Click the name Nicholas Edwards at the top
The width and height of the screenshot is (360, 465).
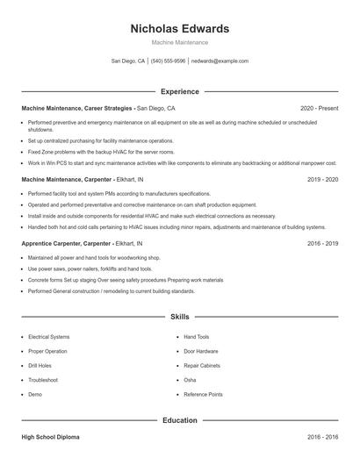pyautogui.click(x=179, y=28)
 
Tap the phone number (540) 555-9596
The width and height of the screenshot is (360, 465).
pyautogui.click(x=168, y=61)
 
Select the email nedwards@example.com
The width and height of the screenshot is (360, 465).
pyautogui.click(x=220, y=61)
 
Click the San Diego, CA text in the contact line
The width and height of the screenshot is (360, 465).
pyautogui.click(x=128, y=61)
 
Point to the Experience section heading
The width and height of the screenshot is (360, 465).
pyautogui.click(x=179, y=91)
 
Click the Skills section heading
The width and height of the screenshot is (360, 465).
pyautogui.click(x=179, y=316)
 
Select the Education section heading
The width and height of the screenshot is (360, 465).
pyautogui.click(x=179, y=420)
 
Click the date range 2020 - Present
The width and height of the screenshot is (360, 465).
pyautogui.click(x=319, y=108)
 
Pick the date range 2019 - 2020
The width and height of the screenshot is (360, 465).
pyautogui.click(x=322, y=179)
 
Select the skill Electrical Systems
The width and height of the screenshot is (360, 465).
pyautogui.click(x=48, y=337)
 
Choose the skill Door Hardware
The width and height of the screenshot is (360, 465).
pyautogui.click(x=201, y=351)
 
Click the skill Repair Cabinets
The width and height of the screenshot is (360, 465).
pyautogui.click(x=202, y=365)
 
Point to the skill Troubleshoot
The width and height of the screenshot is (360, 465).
pyautogui.click(x=43, y=380)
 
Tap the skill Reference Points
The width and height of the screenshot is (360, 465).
pyautogui.click(x=203, y=394)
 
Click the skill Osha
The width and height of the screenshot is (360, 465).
pyautogui.click(x=190, y=380)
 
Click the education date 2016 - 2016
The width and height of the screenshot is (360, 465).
pyautogui.click(x=322, y=436)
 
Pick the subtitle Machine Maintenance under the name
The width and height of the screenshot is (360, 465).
pyautogui.click(x=179, y=42)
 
